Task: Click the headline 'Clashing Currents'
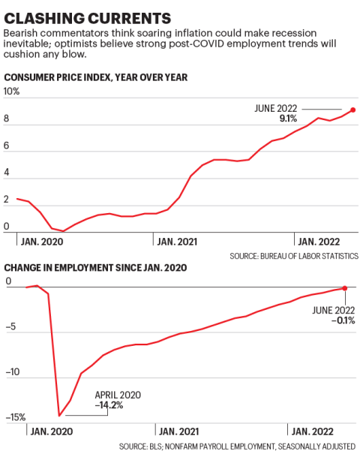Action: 86,16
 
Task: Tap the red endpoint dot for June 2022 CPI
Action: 353,110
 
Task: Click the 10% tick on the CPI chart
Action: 13,92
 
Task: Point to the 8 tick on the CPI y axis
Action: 7,119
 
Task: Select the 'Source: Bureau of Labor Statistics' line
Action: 295,256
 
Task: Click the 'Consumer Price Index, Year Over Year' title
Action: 96,77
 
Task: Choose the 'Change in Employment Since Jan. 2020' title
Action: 96,268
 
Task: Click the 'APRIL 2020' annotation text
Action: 117,395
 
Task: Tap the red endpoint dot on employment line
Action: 345,287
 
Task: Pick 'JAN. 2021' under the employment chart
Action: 178,431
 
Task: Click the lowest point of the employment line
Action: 59,415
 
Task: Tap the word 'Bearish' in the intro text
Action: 20,33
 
